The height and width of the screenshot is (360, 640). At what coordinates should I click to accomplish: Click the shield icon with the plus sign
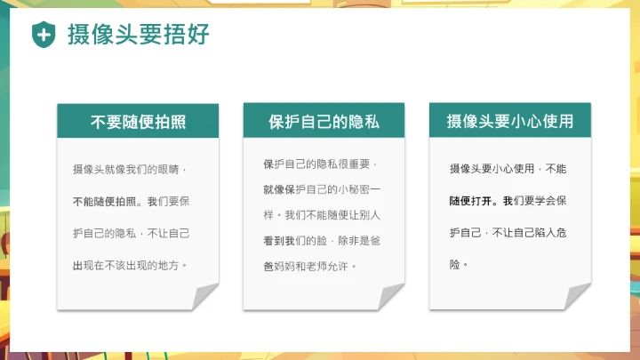coord(43,35)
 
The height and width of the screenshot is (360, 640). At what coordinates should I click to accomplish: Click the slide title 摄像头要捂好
coord(140,35)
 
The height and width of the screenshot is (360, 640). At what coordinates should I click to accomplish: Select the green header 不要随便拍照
coord(138,121)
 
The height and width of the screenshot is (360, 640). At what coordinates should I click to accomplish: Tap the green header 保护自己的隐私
coord(324,121)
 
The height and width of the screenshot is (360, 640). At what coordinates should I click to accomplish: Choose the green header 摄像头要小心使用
coord(509,121)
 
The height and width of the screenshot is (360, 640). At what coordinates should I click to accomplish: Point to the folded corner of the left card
coord(205,296)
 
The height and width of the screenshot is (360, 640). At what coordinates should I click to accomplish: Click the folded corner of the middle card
coord(391,296)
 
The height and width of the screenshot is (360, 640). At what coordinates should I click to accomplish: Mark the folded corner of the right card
coord(577,296)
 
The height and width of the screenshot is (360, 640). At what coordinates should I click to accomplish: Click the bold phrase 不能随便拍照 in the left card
coord(105,201)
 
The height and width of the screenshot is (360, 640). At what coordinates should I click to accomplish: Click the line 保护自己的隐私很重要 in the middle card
coord(320,164)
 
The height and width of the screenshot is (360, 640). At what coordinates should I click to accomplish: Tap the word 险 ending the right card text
coord(455,265)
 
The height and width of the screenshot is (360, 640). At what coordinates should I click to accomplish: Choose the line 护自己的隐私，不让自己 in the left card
coord(131,233)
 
